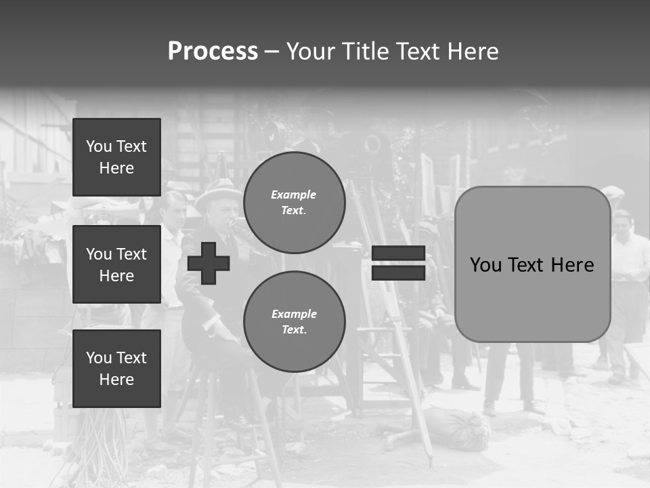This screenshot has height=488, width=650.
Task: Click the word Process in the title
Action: click(x=213, y=52)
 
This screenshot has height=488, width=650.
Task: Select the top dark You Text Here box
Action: click(x=116, y=157)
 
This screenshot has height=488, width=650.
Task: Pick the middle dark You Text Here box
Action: click(x=116, y=264)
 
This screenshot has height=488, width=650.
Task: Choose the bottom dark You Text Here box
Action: click(x=116, y=369)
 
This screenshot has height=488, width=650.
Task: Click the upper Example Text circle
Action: click(x=294, y=202)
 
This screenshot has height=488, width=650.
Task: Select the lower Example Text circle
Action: click(x=294, y=321)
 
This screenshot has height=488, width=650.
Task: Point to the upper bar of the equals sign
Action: click(x=398, y=253)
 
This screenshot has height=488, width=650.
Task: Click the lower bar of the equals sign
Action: click(x=398, y=272)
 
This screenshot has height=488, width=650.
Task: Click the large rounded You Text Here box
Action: click(x=532, y=264)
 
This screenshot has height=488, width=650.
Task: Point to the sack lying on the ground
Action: click(x=458, y=427)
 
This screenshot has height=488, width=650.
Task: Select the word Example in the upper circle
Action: click(x=293, y=195)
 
